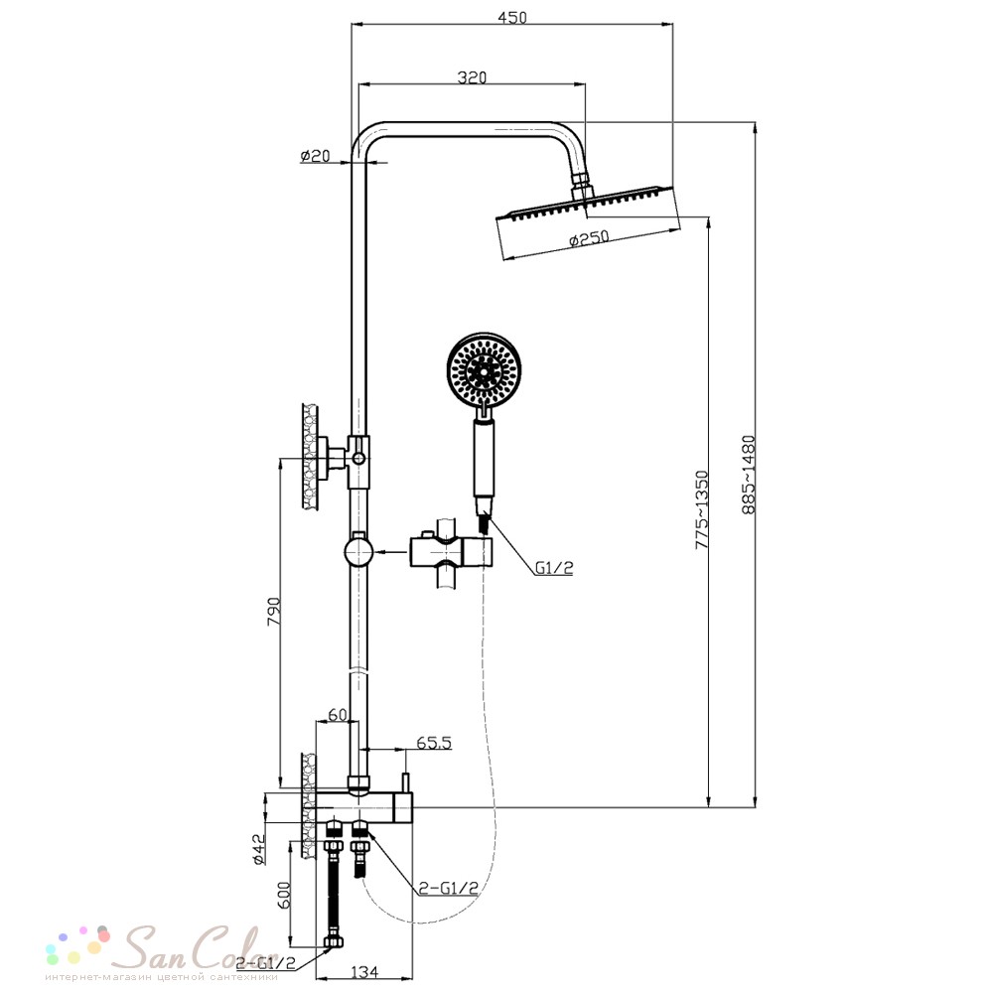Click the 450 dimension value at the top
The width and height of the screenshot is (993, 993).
pyautogui.click(x=511, y=17)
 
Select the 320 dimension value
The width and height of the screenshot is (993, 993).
pyautogui.click(x=472, y=77)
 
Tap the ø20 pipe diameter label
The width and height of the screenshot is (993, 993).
pyautogui.click(x=316, y=155)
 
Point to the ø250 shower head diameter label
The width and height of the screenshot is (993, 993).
pyautogui.click(x=589, y=238)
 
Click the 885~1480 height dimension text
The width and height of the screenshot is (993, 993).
pyautogui.click(x=749, y=475)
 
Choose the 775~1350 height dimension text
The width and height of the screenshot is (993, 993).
pyautogui.click(x=702, y=508)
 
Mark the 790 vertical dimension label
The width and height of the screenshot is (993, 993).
pyautogui.click(x=273, y=611)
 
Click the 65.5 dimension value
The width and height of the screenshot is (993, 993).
pyautogui.click(x=434, y=742)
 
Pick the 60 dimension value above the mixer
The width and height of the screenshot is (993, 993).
pyautogui.click(x=338, y=714)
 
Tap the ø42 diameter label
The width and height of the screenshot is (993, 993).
pyautogui.click(x=259, y=849)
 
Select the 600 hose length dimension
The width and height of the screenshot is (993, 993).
pyautogui.click(x=284, y=895)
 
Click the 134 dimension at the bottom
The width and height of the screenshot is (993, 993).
pyautogui.click(x=363, y=971)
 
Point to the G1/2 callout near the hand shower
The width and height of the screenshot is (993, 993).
pyautogui.click(x=554, y=567)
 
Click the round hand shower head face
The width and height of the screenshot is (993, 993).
pyautogui.click(x=484, y=368)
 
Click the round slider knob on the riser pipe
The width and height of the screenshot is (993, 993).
pyautogui.click(x=359, y=551)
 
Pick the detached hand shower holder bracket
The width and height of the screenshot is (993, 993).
pyautogui.click(x=452, y=553)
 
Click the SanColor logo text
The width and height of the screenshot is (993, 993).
pyautogui.click(x=200, y=947)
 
